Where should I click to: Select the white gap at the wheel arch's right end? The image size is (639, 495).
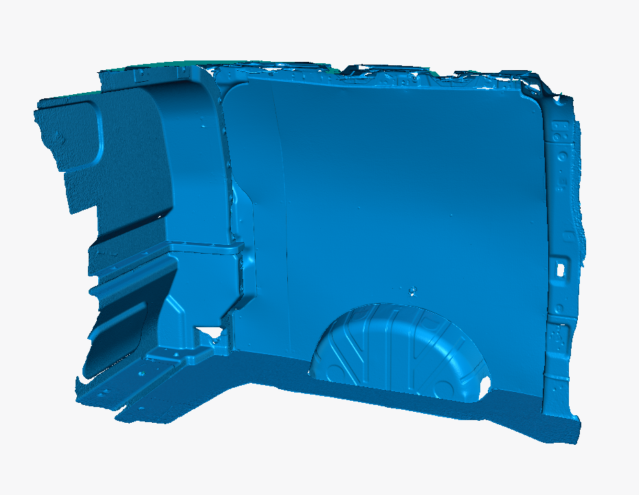click(486, 384)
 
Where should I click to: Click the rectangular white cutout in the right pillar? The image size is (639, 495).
click(561, 267)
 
